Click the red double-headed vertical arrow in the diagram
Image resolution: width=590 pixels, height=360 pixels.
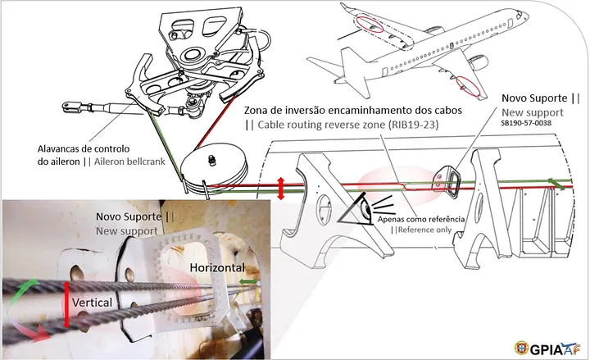pos(281,187)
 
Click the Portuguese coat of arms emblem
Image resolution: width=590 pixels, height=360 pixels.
pos(522,346)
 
